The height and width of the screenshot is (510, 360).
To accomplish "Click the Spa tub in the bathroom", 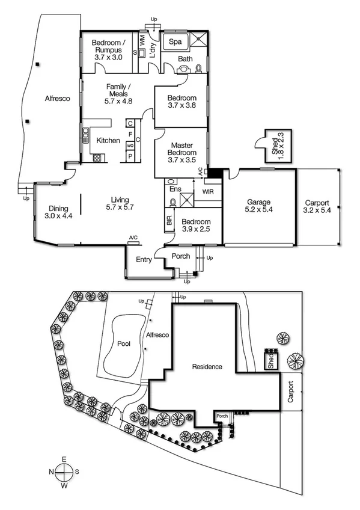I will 175,42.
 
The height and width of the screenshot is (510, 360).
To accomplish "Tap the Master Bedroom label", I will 182,149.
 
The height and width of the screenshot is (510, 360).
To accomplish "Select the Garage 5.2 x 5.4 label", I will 257,206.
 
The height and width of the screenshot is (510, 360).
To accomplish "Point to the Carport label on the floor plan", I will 317,206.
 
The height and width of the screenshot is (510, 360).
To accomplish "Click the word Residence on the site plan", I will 207,366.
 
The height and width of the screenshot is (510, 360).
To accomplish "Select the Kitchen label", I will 109,141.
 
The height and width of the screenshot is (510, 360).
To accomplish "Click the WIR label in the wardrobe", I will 209,192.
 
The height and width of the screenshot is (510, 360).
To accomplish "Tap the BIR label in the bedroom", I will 169,221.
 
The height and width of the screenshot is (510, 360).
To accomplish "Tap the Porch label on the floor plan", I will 181,256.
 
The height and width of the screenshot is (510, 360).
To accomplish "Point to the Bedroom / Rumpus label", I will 107,46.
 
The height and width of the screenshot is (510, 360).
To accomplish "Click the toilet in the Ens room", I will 172,182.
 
